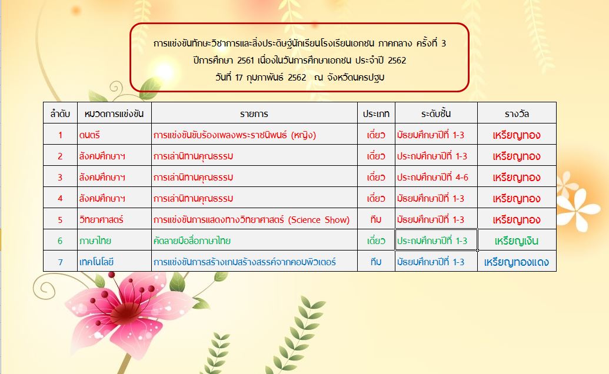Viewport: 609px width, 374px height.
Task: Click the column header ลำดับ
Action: click(x=60, y=113)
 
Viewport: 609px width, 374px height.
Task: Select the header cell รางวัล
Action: click(x=517, y=113)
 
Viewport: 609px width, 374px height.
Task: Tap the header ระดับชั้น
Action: click(x=436, y=113)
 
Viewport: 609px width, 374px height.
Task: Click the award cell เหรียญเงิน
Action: click(x=517, y=241)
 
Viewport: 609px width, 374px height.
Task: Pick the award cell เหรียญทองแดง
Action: click(x=517, y=262)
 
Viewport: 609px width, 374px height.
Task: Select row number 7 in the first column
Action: click(x=60, y=262)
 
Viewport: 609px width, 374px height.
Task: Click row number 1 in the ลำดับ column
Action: click(x=60, y=135)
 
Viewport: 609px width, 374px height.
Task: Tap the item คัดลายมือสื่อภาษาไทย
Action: click(x=192, y=241)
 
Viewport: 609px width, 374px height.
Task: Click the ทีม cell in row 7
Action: click(x=376, y=262)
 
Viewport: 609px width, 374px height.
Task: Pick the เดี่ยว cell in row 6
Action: click(x=376, y=241)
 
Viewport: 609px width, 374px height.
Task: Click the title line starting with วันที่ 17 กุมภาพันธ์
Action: click(x=300, y=77)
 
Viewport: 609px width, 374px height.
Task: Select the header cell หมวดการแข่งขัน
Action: click(x=114, y=113)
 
